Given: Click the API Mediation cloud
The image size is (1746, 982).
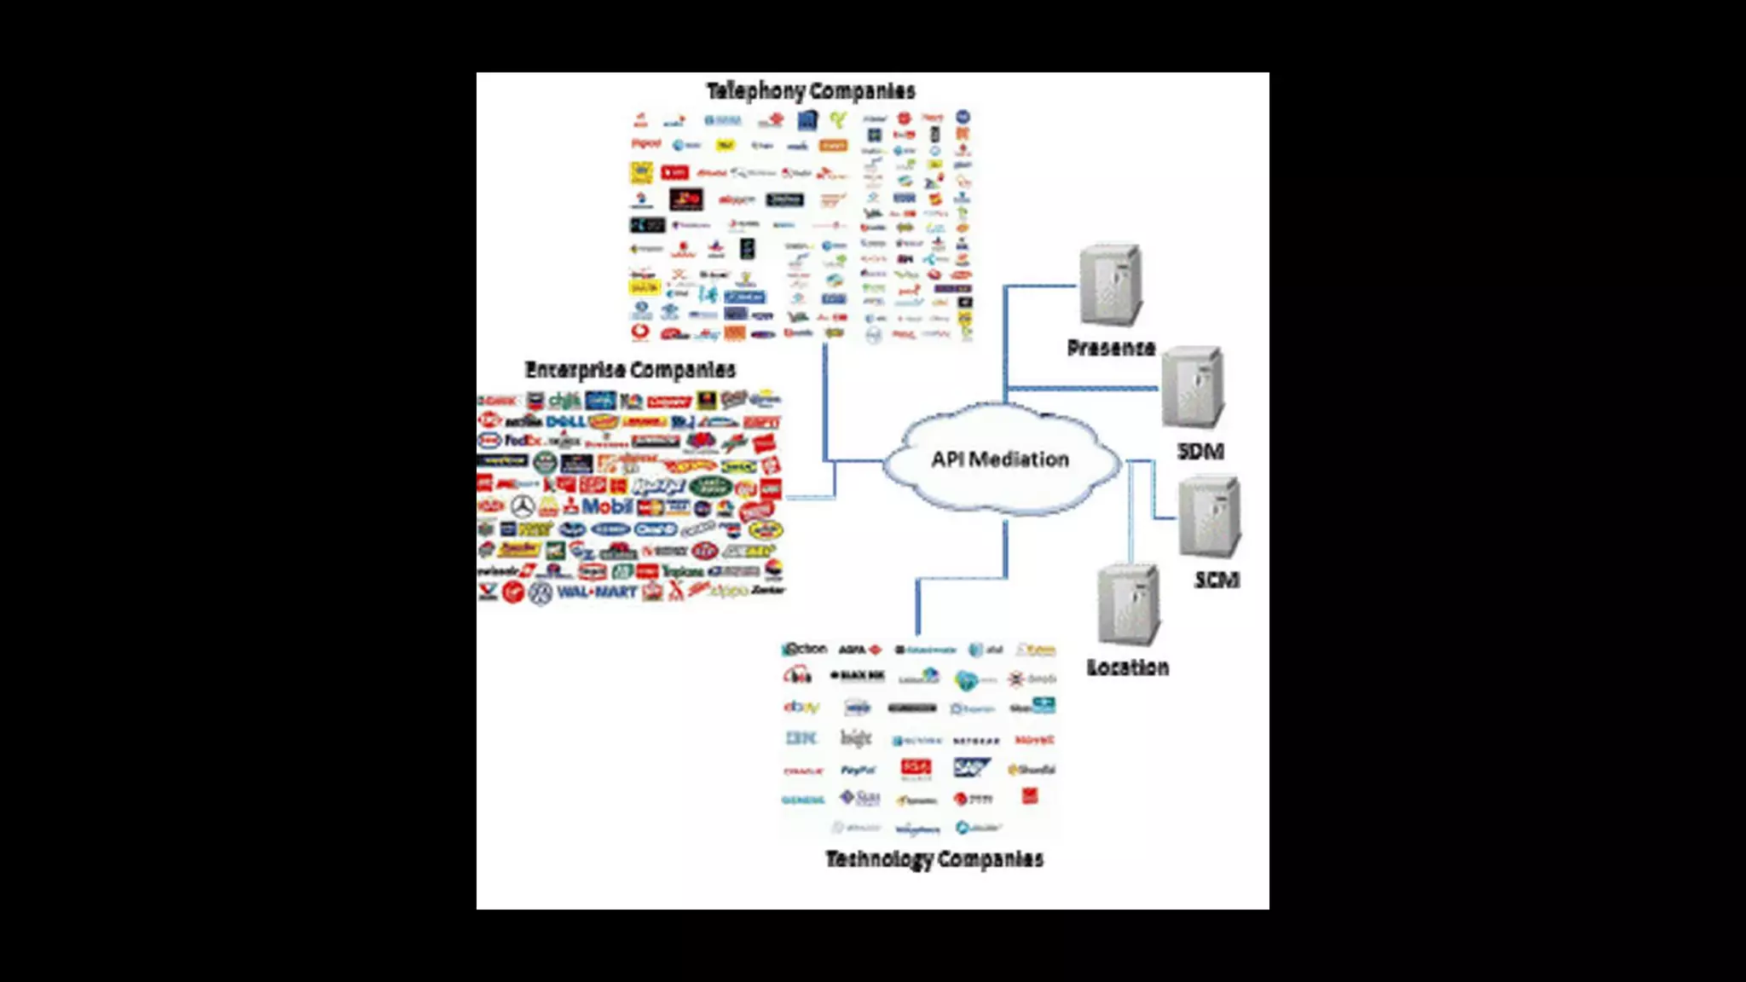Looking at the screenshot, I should (1000, 459).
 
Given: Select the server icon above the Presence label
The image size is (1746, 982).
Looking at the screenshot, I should (1110, 285).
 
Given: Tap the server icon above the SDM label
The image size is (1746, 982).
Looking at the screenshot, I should (1194, 387).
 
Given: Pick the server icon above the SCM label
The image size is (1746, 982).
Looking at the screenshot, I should (1210, 517).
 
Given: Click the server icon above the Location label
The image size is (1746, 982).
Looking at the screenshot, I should (1129, 605).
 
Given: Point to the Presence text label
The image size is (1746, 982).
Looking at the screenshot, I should (1111, 348).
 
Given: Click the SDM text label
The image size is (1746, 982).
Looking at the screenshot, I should (1200, 452).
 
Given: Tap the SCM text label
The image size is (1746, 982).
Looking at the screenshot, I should (1217, 581).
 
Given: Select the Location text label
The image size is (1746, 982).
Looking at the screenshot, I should (1127, 667).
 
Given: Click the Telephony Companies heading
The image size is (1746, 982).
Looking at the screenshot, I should (811, 91).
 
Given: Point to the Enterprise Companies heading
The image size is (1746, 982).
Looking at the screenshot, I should (630, 370).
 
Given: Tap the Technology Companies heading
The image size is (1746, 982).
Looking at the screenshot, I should (934, 859).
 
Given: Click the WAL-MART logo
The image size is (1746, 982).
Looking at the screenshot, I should (597, 592).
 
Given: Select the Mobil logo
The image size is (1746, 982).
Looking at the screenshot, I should (606, 506).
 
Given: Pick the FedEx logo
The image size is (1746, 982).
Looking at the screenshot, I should (523, 441).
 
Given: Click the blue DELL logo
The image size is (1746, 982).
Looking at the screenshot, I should (565, 421).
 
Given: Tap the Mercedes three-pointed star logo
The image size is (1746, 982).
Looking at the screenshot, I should (523, 507).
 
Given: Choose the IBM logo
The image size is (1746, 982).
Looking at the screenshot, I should (801, 738).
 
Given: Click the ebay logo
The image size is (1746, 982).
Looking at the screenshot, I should (801, 707).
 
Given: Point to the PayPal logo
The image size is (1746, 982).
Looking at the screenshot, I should (858, 770).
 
